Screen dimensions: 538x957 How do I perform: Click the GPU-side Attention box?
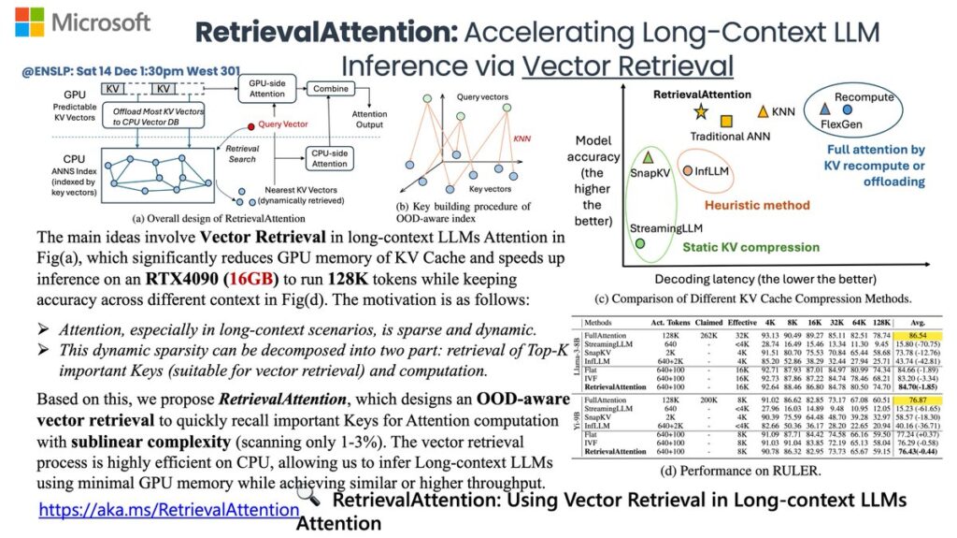pyautogui.click(x=266, y=90)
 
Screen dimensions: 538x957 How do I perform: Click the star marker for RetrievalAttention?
pyautogui.click(x=701, y=113)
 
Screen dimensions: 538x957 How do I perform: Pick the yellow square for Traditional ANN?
pyautogui.click(x=727, y=121)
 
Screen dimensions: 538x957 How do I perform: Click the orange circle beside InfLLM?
pyautogui.click(x=687, y=172)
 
